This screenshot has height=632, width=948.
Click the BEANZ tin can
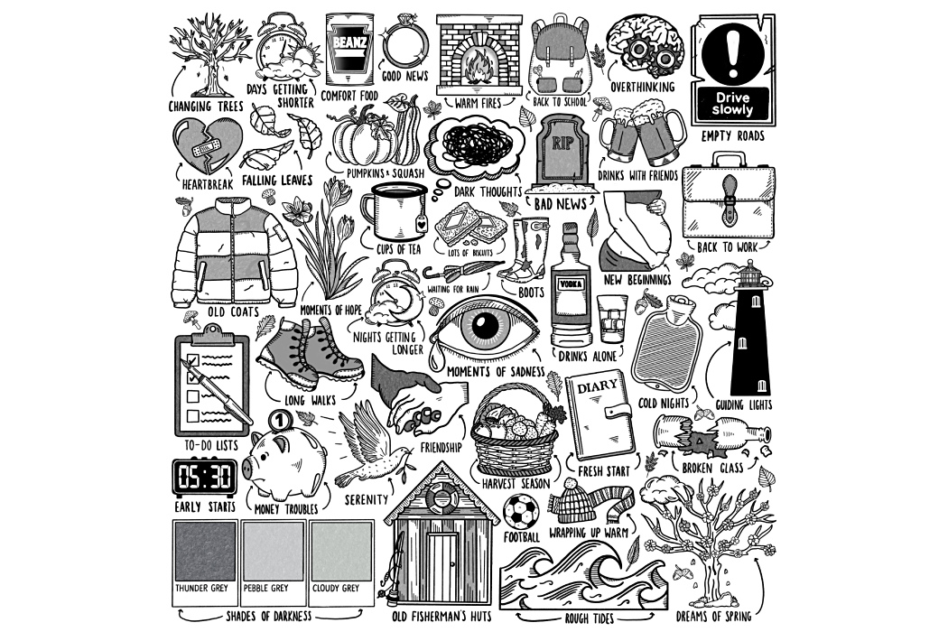pyautogui.click(x=349, y=49)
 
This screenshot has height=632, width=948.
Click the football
pyautogui.click(x=521, y=512)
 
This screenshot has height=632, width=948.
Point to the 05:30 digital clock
pyautogui.click(x=204, y=478)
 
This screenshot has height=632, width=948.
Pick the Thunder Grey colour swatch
pyautogui.click(x=204, y=551)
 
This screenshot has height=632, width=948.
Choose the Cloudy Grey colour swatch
pyautogui.click(x=341, y=551)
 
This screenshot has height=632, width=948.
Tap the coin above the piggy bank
pyautogui.click(x=278, y=419)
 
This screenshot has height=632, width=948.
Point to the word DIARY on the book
pyautogui.click(x=598, y=386)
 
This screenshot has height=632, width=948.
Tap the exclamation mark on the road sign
pyautogui.click(x=733, y=51)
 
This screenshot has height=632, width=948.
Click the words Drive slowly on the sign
pyautogui.click(x=733, y=104)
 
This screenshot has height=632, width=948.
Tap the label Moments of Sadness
pyautogui.click(x=496, y=371)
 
